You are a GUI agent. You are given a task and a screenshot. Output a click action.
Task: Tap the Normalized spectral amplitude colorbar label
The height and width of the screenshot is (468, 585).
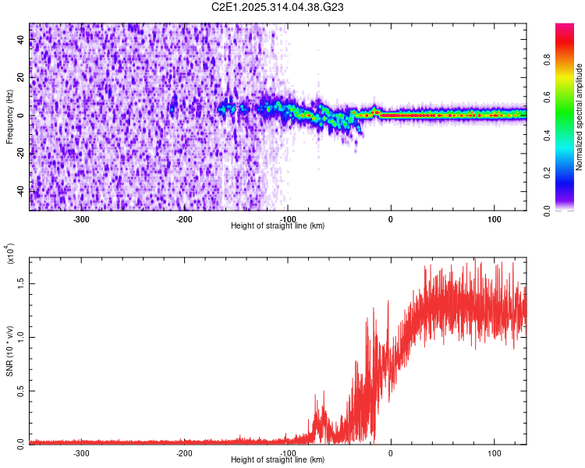(x=580, y=117)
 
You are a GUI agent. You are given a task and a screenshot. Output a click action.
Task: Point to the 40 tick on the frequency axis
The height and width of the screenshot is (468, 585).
(x=20, y=41)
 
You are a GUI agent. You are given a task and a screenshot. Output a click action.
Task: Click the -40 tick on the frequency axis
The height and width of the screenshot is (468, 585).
(x=19, y=191)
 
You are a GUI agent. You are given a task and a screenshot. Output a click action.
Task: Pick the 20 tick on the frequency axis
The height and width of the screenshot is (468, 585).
(x=20, y=78)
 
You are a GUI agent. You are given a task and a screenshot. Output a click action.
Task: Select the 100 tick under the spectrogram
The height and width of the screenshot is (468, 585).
(x=494, y=219)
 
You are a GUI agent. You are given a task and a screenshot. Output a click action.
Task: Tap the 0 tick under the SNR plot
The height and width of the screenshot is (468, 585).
(x=391, y=452)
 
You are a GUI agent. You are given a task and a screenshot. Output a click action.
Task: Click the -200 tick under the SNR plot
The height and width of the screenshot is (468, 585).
(x=185, y=452)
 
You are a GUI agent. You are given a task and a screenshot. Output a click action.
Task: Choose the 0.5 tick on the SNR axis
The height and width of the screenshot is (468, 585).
(x=21, y=390)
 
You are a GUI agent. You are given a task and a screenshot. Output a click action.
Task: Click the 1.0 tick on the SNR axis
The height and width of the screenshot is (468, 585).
(x=21, y=337)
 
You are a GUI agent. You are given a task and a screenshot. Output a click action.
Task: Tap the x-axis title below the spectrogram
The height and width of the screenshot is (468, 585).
(x=278, y=226)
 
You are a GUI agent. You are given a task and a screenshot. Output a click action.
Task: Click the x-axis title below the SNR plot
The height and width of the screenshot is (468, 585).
(x=278, y=459)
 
